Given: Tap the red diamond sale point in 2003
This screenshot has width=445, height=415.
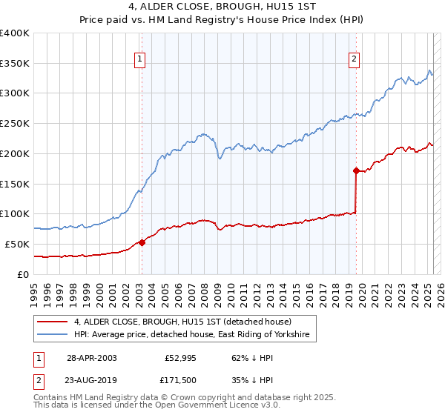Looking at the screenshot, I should [142, 242].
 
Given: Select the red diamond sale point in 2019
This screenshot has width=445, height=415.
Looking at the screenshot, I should [356, 170].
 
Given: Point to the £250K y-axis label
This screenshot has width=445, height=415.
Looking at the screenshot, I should [15, 123].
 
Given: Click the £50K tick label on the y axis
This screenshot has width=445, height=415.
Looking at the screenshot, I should [18, 244].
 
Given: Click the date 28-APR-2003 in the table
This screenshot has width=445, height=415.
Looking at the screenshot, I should [92, 357].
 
